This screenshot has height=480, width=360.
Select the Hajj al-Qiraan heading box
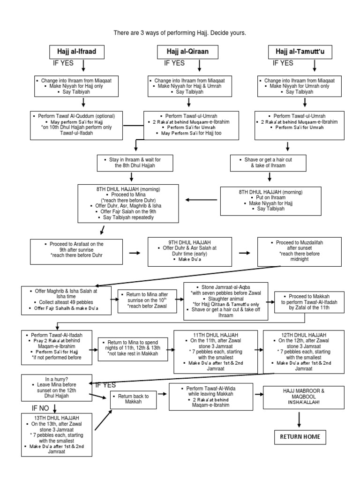pyautogui.click(x=179, y=52)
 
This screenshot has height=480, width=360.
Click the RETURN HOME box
pyautogui.click(x=300, y=437)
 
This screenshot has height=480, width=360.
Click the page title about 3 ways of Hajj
pyautogui.click(x=180, y=34)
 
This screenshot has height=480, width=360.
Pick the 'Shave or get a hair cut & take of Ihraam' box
pyautogui.click(x=268, y=163)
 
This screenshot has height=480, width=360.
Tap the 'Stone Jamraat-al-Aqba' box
pyautogui.click(x=225, y=300)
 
